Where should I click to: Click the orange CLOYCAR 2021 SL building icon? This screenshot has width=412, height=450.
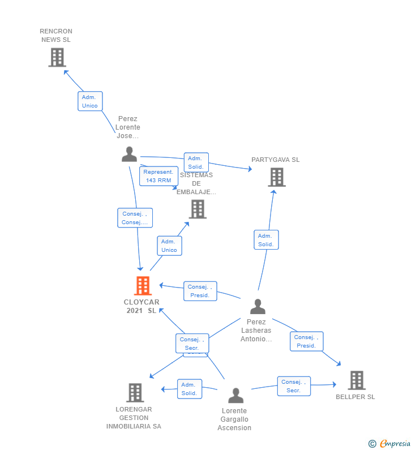point(143,286)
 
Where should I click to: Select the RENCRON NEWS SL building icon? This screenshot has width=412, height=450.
point(57,57)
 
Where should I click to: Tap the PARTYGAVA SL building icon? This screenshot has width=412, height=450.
point(276,177)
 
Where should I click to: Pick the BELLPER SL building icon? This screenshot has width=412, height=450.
point(356,380)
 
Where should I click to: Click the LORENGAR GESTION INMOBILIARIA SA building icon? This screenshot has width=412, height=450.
point(135,392)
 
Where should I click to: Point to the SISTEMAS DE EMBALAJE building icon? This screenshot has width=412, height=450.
point(197,209)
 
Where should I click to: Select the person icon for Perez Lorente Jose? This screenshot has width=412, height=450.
point(130,154)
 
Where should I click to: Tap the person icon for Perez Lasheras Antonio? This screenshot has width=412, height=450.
point(257,307)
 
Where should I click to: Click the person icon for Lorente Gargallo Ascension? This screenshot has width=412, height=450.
point(235,395)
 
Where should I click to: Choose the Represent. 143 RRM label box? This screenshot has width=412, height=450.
point(158,176)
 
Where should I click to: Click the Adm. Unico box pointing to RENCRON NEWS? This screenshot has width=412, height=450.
point(90,101)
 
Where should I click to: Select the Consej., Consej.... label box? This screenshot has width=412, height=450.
point(135,218)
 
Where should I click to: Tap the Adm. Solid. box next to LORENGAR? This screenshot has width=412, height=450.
point(189,389)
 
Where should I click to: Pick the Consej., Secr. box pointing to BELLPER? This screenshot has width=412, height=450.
point(294,386)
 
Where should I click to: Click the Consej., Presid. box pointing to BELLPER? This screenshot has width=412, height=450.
point(306,341)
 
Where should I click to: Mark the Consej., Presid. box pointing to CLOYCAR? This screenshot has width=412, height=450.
point(200,291)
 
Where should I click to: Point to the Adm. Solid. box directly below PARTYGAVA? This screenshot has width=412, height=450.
point(265,240)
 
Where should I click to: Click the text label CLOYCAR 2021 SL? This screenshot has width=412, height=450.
point(141,306)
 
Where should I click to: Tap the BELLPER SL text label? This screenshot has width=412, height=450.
point(355,397)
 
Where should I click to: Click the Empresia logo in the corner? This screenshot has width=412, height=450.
point(389,444)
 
